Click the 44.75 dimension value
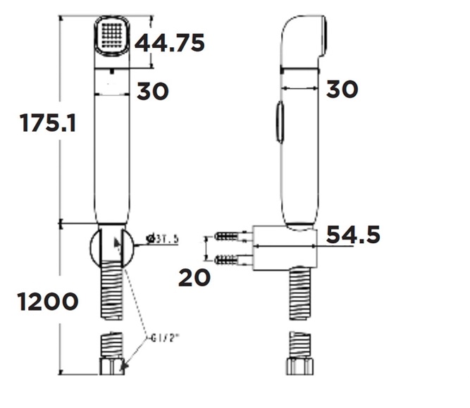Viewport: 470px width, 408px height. coord(170,43)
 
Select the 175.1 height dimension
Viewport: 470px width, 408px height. coord(47,123)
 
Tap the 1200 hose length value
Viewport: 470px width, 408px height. coord(48,302)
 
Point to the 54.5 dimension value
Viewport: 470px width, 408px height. coord(353,235)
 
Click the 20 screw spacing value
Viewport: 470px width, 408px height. coord(194,278)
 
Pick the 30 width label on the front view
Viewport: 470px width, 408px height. coord(153,91)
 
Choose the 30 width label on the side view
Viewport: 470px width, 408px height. coord(342,89)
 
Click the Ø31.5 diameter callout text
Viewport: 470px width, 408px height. coord(163,240)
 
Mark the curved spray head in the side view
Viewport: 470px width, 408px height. coord(303,39)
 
